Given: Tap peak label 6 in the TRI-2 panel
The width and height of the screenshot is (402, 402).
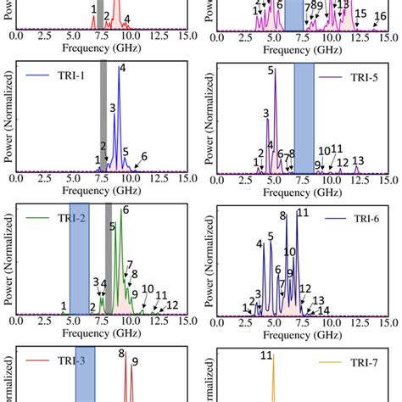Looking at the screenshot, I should pos(126,209).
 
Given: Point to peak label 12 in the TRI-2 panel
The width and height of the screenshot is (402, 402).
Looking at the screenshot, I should pos(171,304).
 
